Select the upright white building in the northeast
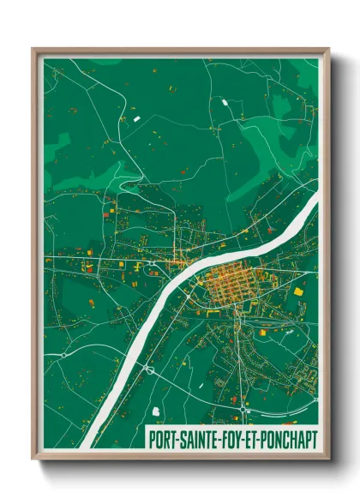click(225, 103)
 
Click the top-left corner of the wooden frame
click(33, 50)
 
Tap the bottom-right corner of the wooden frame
click(328, 459)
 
